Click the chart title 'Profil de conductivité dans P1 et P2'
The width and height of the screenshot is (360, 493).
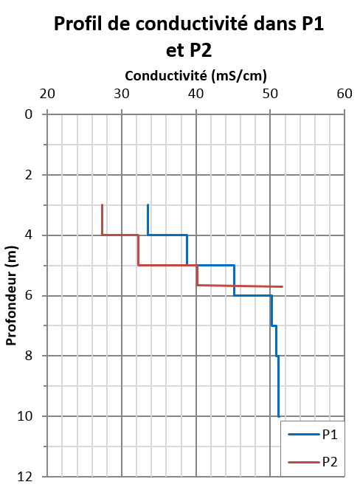[x=189, y=37]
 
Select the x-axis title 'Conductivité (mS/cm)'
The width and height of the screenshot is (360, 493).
[x=195, y=75]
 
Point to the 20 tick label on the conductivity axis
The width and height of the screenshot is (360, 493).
[x=47, y=94]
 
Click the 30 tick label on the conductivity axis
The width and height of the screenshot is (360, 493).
[x=122, y=94]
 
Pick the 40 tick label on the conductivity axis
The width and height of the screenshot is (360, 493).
[x=196, y=94]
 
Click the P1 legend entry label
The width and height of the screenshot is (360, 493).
[x=330, y=435]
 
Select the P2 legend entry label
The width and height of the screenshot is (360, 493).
[x=330, y=462]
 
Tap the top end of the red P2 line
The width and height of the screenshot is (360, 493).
[x=102, y=204]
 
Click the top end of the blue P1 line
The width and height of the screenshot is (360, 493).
[x=148, y=204]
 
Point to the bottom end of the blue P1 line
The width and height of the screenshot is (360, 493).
[x=278, y=417]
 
